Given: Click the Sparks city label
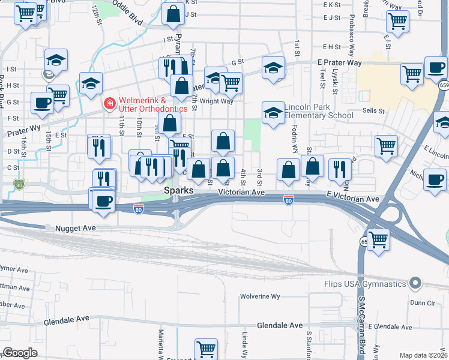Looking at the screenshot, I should point(179,190).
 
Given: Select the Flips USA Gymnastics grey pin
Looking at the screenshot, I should point(414,283).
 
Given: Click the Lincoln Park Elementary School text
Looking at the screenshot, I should point(319,111).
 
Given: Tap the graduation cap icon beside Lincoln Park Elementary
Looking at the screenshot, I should point(273,113).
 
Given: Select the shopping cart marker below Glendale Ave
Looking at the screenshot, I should point(206,349).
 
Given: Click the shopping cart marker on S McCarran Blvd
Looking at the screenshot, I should point(378,239).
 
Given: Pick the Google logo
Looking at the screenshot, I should point(20,353).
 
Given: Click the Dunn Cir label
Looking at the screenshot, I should point(429,304).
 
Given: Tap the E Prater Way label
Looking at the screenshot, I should point(340,62).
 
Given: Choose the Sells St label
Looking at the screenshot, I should point(373,111).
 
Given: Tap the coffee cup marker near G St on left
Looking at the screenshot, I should point(41,103).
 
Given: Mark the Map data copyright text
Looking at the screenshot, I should point(423,355).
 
